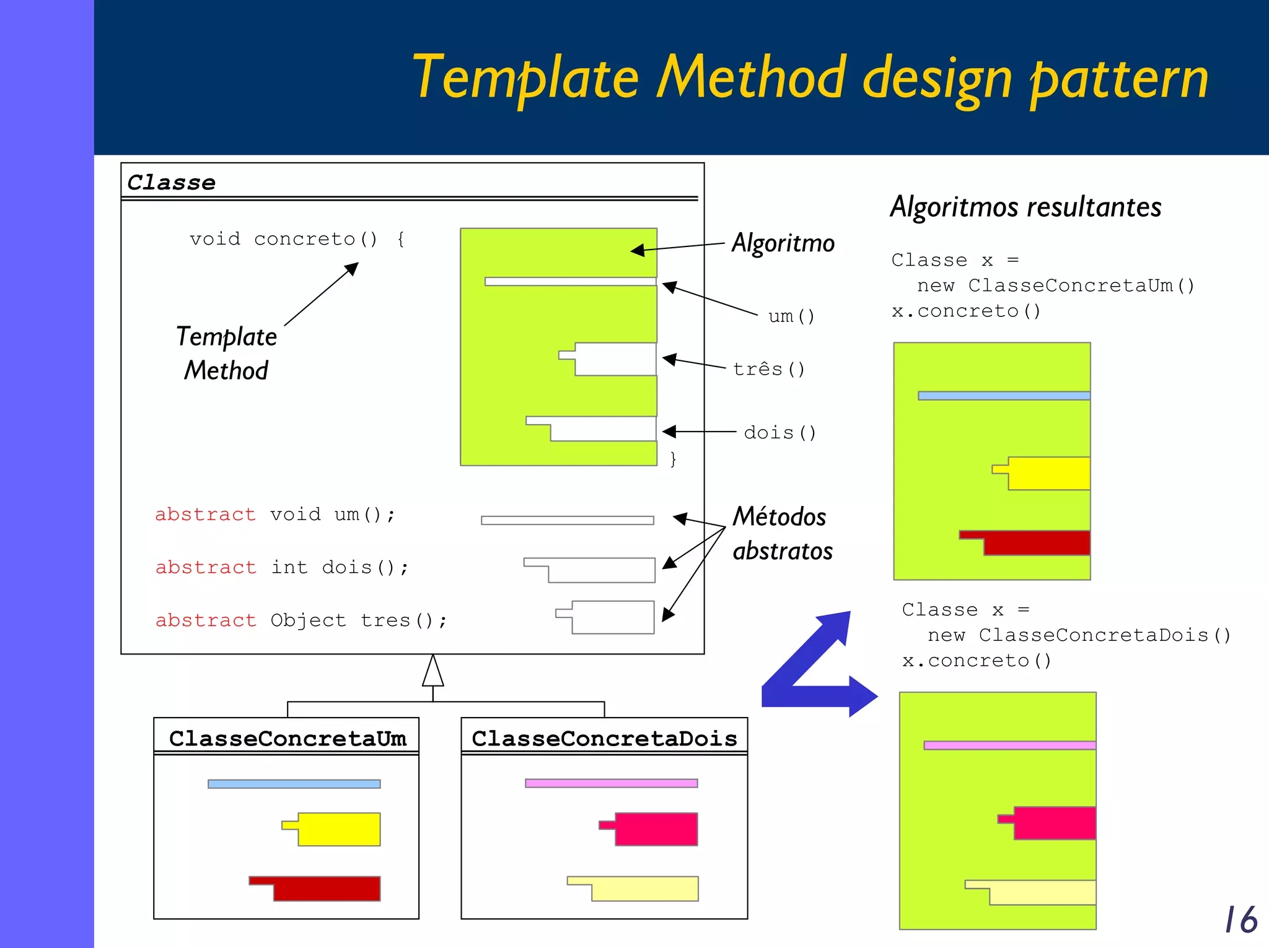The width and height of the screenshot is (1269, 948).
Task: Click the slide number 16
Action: tap(1240, 919)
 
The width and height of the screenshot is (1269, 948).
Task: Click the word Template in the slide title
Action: tap(525, 78)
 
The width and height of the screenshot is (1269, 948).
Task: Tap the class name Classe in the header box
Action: tap(172, 183)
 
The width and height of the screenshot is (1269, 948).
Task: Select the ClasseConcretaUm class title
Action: tap(288, 738)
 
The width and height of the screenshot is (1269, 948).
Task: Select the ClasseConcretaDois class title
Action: tap(604, 738)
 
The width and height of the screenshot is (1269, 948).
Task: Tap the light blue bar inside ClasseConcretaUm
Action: tap(294, 784)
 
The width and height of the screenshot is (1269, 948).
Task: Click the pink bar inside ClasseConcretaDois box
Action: tap(611, 783)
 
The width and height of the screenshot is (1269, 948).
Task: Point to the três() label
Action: tap(768, 369)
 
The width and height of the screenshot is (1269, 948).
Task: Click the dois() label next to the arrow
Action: tap(779, 432)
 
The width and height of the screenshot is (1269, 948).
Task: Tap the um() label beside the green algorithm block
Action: tap(791, 316)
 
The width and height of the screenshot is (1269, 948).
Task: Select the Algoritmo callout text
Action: tap(783, 243)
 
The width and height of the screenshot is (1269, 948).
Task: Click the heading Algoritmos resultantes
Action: tap(1025, 207)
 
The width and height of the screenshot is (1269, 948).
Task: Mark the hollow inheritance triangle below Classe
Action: tap(433, 672)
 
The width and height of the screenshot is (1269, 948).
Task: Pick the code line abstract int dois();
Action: tap(282, 567)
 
